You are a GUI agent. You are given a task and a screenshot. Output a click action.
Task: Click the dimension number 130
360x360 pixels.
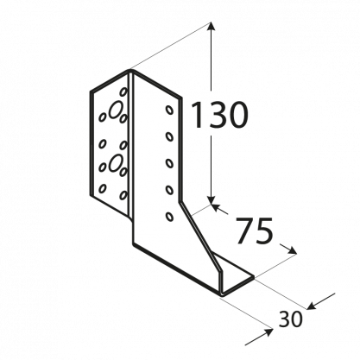tap(218, 115)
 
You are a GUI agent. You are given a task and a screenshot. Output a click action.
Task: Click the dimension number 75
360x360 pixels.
tap(254, 231)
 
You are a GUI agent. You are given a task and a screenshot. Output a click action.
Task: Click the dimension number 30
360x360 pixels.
tap(290, 319)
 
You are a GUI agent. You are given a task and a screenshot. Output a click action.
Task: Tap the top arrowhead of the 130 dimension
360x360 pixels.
tap(211, 27)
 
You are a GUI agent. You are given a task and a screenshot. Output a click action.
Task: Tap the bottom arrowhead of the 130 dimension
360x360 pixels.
tap(211, 199)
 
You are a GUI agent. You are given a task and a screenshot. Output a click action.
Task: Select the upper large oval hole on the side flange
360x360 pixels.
tap(115, 110)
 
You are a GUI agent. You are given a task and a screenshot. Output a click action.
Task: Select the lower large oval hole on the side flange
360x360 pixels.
tap(115, 162)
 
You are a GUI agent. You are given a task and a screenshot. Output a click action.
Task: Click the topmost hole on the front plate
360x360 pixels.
tap(169, 110)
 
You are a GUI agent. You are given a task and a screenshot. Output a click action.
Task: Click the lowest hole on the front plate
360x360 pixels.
tap(170, 217)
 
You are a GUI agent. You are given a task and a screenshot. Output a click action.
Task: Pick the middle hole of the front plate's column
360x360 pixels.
tap(170, 163)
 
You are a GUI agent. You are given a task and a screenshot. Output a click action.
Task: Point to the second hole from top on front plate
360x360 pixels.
tap(169, 136)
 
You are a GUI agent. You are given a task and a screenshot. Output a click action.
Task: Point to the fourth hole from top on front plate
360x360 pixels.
tap(170, 190)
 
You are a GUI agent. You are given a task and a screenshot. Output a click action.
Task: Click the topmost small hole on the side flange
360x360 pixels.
tap(123, 92)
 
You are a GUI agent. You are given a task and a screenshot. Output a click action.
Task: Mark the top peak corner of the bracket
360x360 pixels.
tap(130, 70)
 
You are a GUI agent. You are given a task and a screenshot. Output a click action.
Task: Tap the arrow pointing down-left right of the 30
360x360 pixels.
tap(321, 301)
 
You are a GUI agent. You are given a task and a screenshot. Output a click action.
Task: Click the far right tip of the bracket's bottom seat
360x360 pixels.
tap(254, 277)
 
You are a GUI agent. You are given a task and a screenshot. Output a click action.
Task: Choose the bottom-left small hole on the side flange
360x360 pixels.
tap(103, 188)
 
